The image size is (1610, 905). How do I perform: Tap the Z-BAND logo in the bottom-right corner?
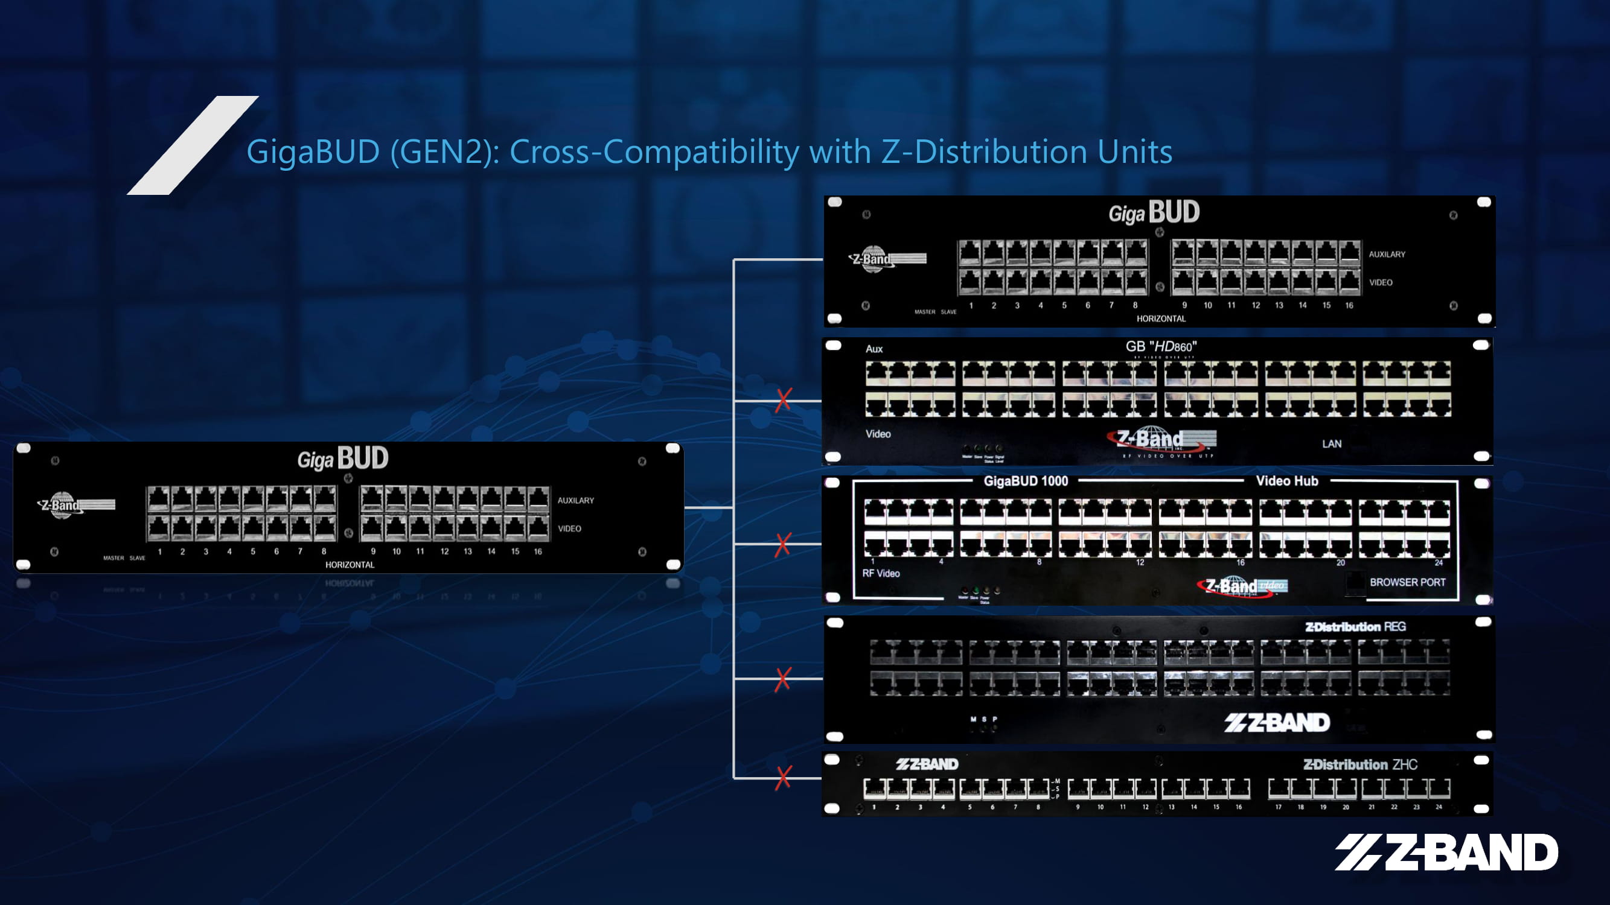coord(1446,852)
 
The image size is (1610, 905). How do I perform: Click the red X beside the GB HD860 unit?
coord(783,400)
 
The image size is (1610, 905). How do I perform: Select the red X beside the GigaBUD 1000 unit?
coord(782,545)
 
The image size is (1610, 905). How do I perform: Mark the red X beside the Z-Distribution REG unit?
coord(782,679)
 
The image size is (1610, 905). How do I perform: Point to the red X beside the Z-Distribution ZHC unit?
coord(783,778)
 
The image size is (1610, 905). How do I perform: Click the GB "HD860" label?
coord(1161,347)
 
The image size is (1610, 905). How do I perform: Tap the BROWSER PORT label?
coord(1407,582)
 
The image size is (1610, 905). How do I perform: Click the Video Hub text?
coord(1287,481)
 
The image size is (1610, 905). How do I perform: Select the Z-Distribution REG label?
coord(1355,626)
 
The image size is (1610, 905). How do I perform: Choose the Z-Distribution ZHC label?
coord(1360,764)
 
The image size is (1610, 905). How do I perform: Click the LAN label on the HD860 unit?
coord(1331,444)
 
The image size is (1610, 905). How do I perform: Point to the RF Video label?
coord(881,573)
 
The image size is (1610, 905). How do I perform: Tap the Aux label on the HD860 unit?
coord(874,349)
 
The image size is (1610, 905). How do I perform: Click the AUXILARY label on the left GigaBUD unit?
coord(576,500)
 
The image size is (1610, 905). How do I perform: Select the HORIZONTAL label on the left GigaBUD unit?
coord(350,565)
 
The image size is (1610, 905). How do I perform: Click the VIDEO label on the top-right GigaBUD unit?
coord(1380,282)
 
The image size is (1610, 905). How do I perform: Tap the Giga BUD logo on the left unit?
coord(342,459)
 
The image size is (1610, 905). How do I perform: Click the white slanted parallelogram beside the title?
coord(193,145)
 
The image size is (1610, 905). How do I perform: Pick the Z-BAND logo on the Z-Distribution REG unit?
coord(1276,723)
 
